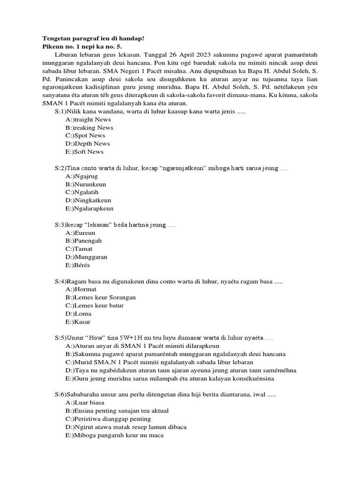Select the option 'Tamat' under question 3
click(81, 249)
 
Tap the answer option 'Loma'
click(79, 314)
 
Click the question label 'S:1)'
click(60, 112)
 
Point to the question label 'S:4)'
click(60, 281)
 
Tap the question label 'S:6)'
click(60, 394)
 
